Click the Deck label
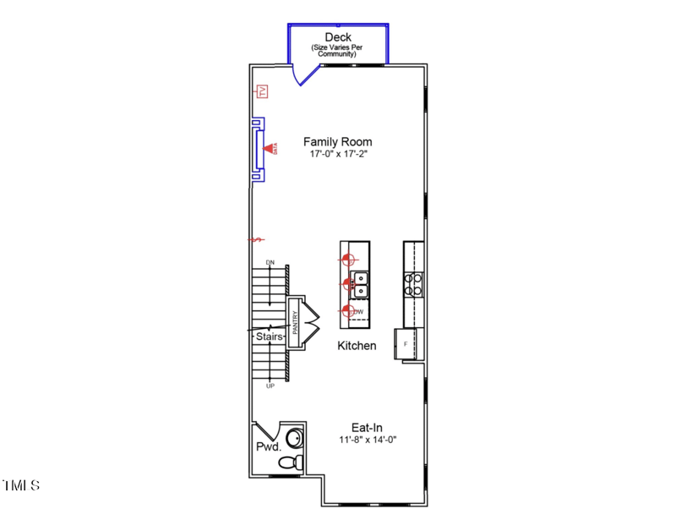338,37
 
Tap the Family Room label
338,142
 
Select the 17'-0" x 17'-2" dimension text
338,155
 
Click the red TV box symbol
262,91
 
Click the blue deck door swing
302,74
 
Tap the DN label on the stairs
270,263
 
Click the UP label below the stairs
270,386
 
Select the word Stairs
270,336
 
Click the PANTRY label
296,324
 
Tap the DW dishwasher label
359,312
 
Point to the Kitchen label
357,346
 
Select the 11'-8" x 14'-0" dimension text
368,440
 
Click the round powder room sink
295,437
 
